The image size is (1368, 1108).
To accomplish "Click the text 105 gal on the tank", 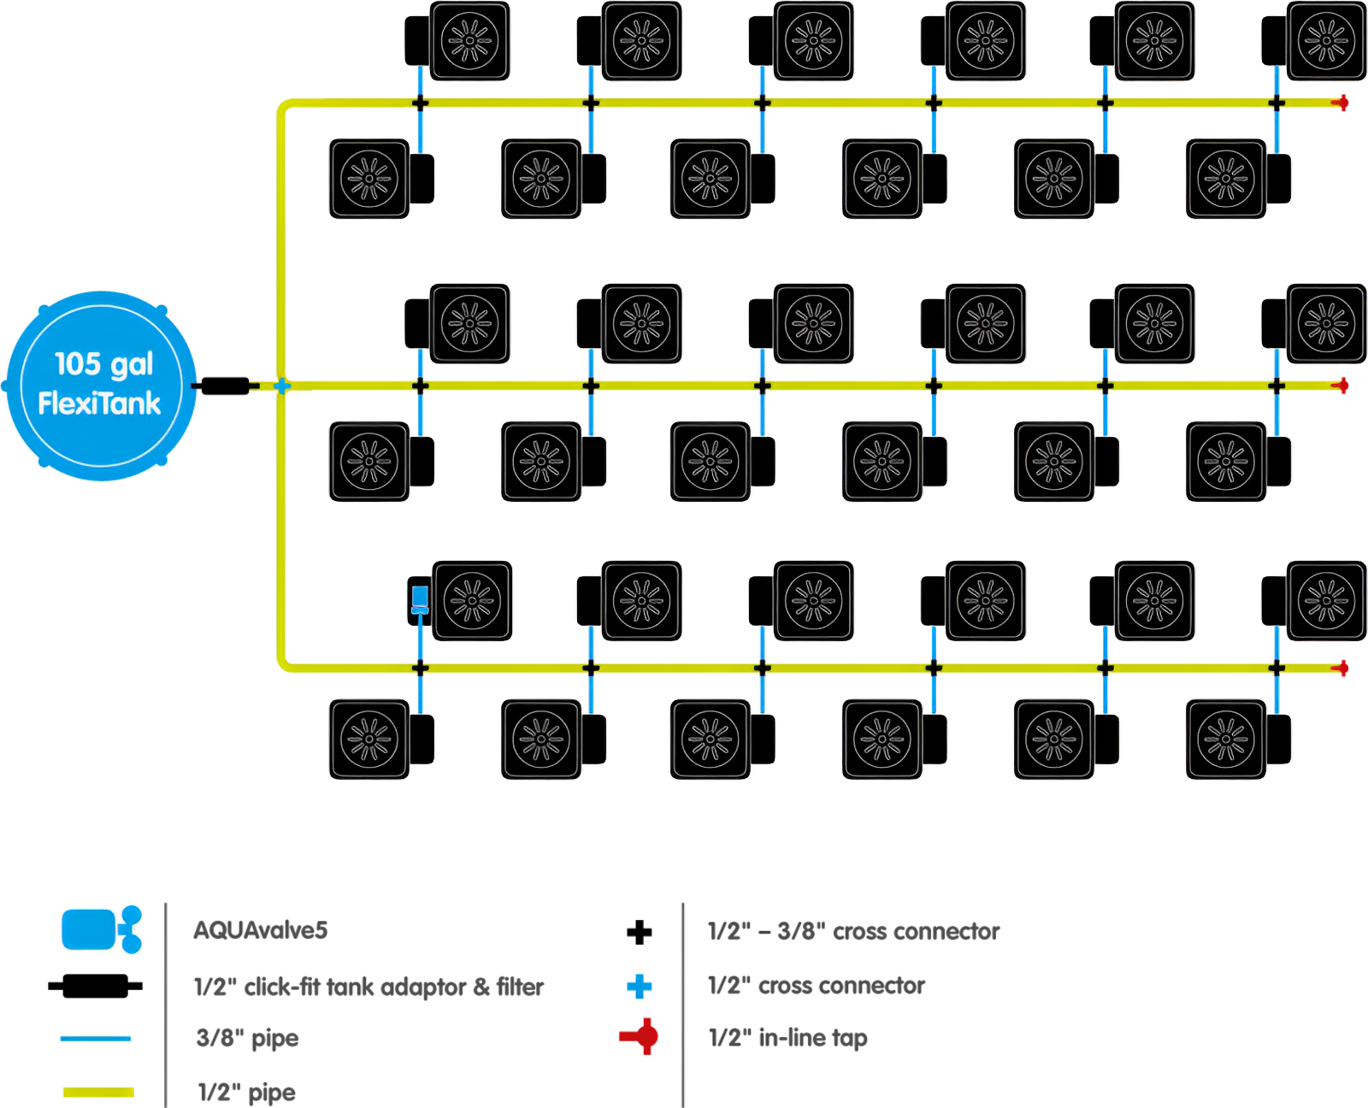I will point(103,364).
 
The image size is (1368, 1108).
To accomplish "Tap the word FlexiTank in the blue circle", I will point(99,403).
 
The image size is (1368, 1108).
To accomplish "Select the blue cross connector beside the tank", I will point(281,386).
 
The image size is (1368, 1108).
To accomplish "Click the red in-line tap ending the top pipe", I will point(1341,103).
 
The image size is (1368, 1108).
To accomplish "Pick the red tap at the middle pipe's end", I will point(1341,386).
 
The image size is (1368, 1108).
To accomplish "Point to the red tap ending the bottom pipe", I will point(1341,668).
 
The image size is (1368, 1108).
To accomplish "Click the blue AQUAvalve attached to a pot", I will point(420,598).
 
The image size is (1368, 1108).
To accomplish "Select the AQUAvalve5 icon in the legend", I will point(101,928).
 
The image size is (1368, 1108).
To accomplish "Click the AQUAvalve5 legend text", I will point(260,930).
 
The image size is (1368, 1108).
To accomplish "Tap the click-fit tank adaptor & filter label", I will point(369,987).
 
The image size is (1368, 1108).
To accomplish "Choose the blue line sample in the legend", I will point(95,1038).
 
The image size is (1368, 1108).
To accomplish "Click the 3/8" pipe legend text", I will point(247,1039).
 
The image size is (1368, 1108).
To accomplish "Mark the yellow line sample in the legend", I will point(97,1092).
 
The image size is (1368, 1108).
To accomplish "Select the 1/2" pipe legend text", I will point(246,1093).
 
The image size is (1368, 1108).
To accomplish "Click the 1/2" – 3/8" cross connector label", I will point(853,931).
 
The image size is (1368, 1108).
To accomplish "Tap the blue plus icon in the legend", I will point(639,987).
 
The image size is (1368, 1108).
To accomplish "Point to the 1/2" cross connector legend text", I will point(817,986).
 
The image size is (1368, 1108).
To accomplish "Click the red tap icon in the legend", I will point(640,1036).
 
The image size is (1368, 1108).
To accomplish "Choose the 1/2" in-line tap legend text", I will point(787,1038).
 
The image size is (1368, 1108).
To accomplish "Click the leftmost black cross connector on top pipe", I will point(420,103).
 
